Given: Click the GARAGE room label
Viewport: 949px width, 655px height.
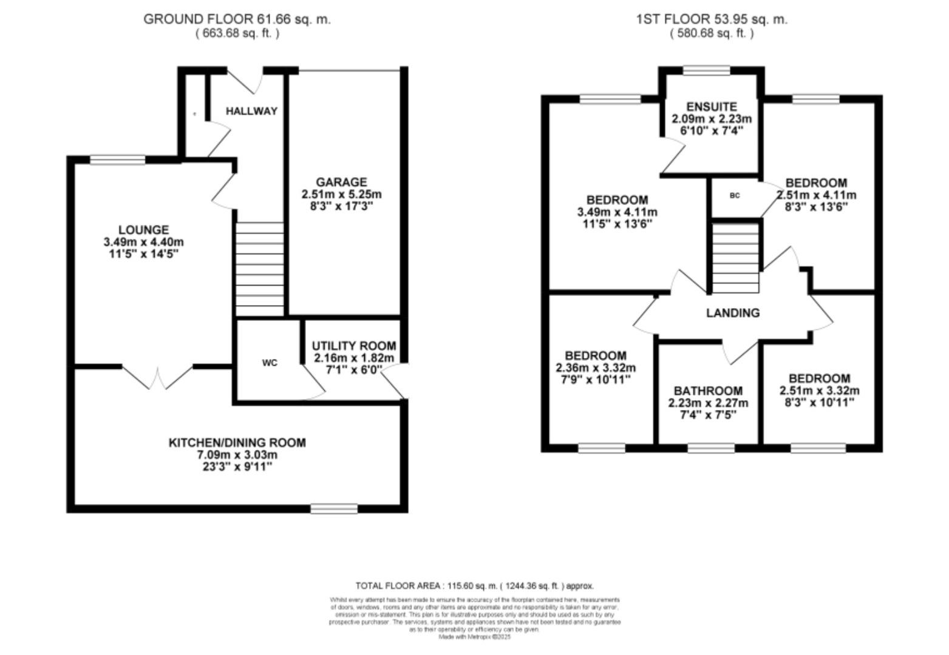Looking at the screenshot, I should tap(341, 182).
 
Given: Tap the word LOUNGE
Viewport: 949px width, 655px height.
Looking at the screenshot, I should tap(143, 230).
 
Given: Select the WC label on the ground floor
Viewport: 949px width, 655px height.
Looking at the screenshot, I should tap(270, 363).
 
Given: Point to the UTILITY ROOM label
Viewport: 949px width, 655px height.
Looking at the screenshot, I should tap(354, 346).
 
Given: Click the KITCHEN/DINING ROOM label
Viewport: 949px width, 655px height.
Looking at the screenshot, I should tap(237, 443).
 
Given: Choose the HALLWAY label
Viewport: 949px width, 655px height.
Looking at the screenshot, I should tap(251, 111).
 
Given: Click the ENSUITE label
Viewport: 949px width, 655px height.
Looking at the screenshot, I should tap(712, 107).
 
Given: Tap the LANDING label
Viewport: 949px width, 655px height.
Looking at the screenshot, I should tap(733, 313).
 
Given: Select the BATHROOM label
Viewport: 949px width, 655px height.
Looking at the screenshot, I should tap(708, 391).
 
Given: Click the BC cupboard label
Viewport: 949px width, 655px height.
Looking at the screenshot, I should tap(735, 195).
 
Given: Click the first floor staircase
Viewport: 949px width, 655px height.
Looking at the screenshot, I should tap(735, 258).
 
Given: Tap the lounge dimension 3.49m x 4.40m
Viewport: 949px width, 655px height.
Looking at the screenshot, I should tap(144, 242).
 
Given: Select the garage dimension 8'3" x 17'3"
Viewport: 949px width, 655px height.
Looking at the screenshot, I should tap(341, 206).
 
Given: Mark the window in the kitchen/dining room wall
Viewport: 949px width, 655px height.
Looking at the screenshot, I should tap(334, 508).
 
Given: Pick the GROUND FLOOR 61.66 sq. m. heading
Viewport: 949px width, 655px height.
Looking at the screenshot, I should tap(237, 19).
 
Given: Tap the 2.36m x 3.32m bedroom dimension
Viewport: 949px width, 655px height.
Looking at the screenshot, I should tap(596, 368).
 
